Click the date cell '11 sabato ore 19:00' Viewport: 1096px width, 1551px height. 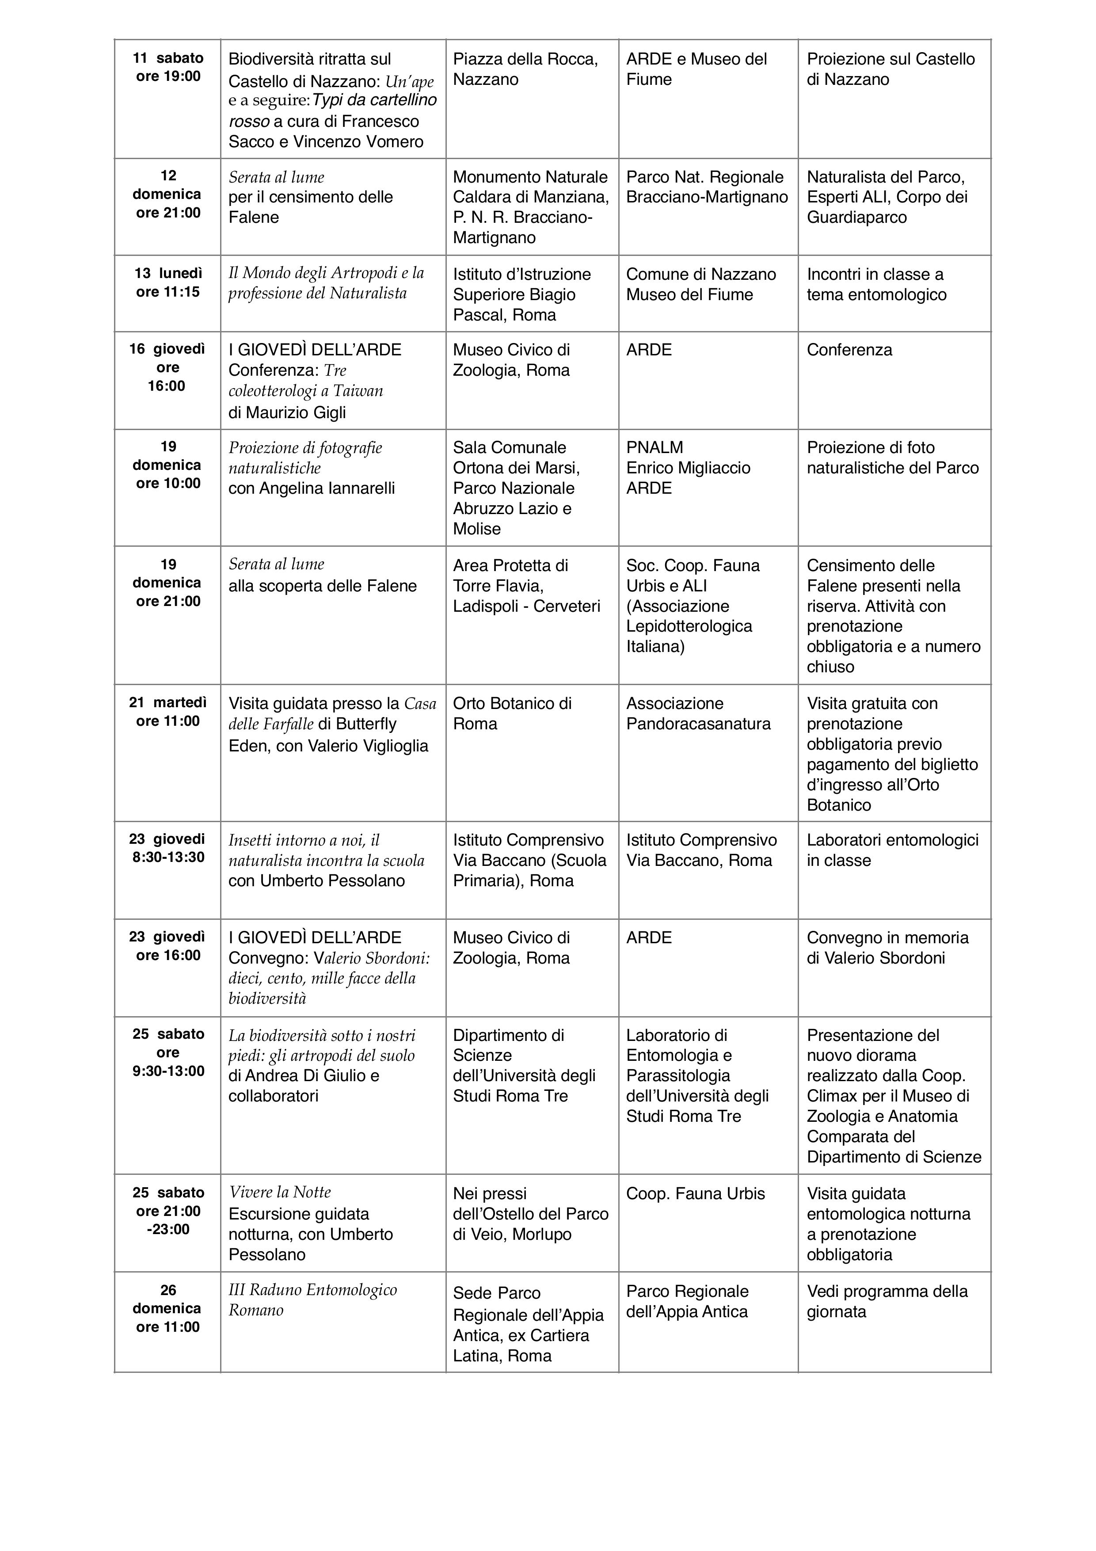[x=167, y=68]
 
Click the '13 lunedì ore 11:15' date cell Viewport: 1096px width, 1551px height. [x=167, y=283]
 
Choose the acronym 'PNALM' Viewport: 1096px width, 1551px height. [x=655, y=448]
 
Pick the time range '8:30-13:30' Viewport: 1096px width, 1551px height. [x=168, y=857]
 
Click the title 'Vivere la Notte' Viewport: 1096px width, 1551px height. [x=280, y=1192]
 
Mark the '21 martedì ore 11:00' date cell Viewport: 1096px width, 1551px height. [x=167, y=712]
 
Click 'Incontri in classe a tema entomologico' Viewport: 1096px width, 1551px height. [x=876, y=284]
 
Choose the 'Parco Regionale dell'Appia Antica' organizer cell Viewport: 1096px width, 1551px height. [x=687, y=1301]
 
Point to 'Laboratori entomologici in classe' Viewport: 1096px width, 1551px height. [x=892, y=850]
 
